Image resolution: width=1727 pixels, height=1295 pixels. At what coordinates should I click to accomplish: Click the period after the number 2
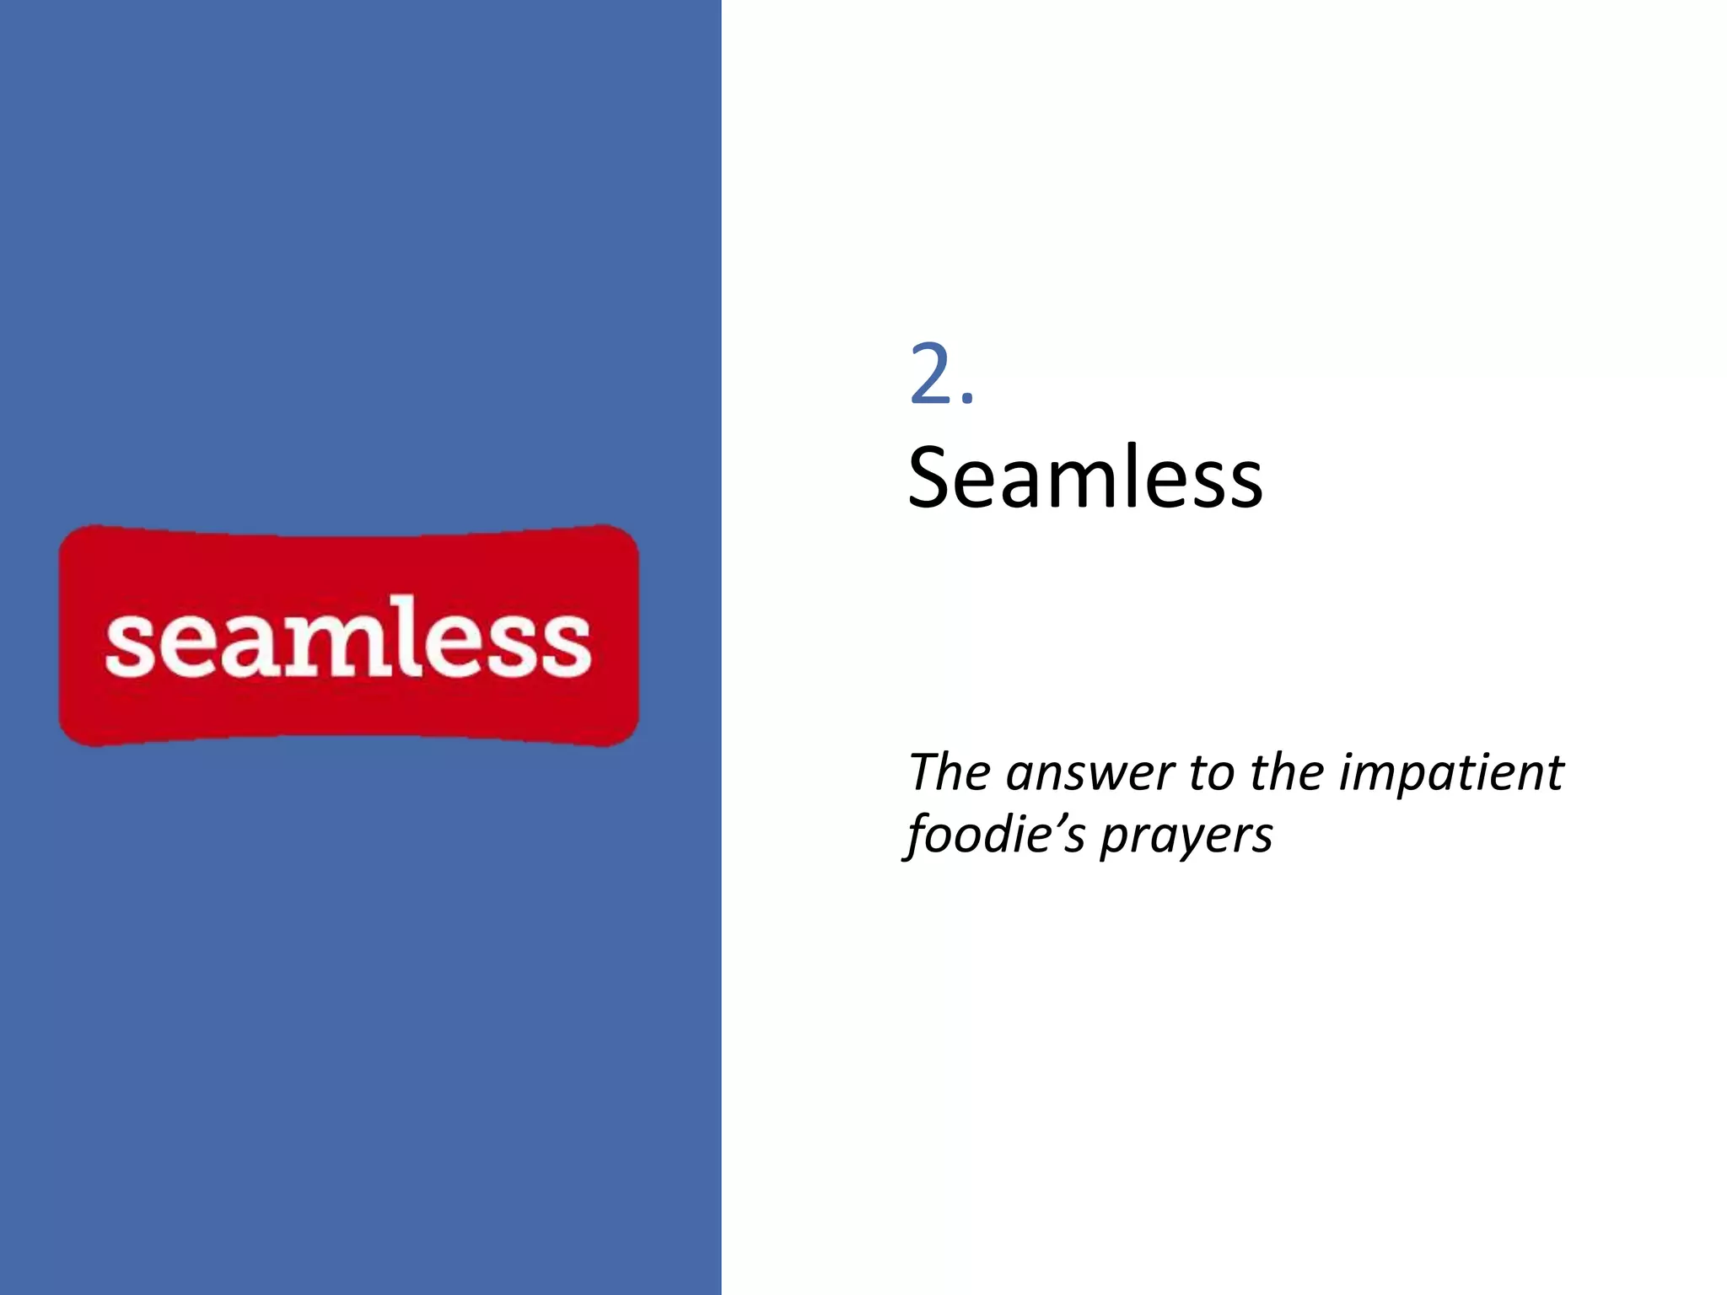coord(967,399)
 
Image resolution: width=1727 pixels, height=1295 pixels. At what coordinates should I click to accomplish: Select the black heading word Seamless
coord(1084,478)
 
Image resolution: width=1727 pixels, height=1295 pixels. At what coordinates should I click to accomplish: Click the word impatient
coord(1451,773)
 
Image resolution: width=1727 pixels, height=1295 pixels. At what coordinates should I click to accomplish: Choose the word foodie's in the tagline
coord(995,836)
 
